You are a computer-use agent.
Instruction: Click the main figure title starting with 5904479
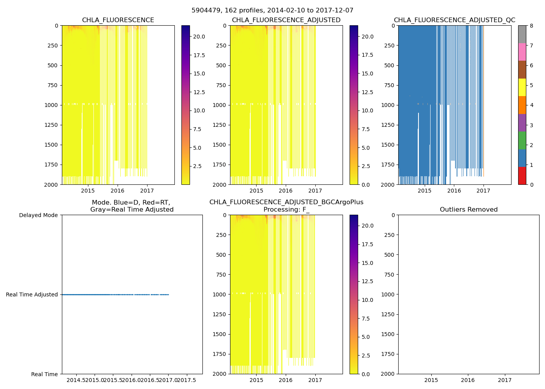coord(272,11)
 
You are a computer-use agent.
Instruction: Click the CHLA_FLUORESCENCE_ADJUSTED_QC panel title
coord(454,20)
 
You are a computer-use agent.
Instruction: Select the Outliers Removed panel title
coord(468,210)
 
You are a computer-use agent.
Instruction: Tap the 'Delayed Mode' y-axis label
coord(38,215)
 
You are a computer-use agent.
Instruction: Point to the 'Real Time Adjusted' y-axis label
coord(32,294)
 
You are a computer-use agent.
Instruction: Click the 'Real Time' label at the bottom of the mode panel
coord(44,374)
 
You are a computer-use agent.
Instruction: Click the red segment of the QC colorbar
coord(522,175)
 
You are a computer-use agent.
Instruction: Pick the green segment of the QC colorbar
coord(522,140)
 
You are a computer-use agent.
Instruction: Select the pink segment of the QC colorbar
coord(522,52)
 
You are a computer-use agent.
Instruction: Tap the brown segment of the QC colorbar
coord(522,70)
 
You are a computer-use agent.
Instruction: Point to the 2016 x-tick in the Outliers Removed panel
coord(468,380)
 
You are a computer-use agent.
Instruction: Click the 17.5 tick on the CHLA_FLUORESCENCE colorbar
coord(199,55)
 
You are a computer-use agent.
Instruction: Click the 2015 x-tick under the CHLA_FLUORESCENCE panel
coord(88,191)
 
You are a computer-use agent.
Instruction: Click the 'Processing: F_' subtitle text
coord(286,210)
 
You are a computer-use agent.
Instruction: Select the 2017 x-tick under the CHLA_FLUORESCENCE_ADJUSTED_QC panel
coord(483,191)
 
